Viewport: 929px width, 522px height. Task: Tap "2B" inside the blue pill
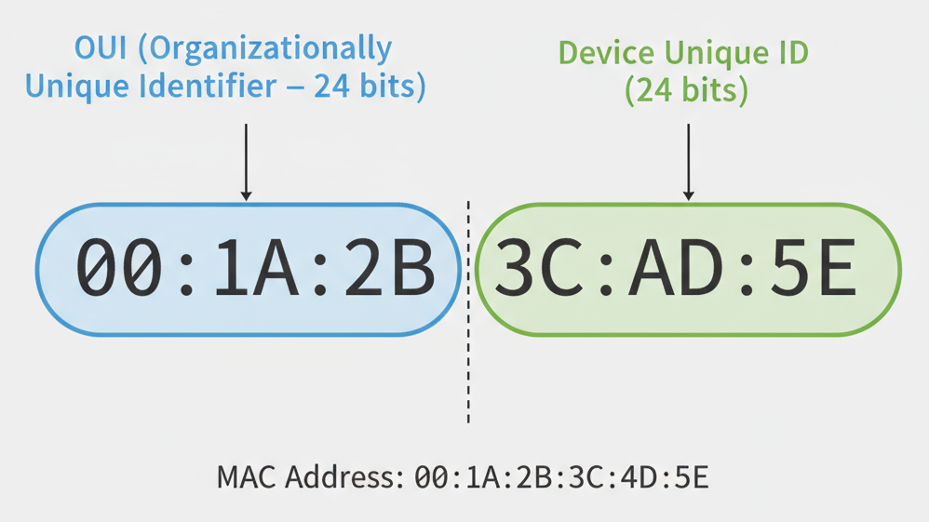(392, 269)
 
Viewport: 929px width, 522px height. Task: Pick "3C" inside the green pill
(529, 269)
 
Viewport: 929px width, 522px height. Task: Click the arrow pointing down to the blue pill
(246, 162)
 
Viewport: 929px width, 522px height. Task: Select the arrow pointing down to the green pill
(688, 162)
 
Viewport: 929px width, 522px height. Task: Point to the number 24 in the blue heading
(330, 87)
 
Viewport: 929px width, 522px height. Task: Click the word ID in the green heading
(791, 53)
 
